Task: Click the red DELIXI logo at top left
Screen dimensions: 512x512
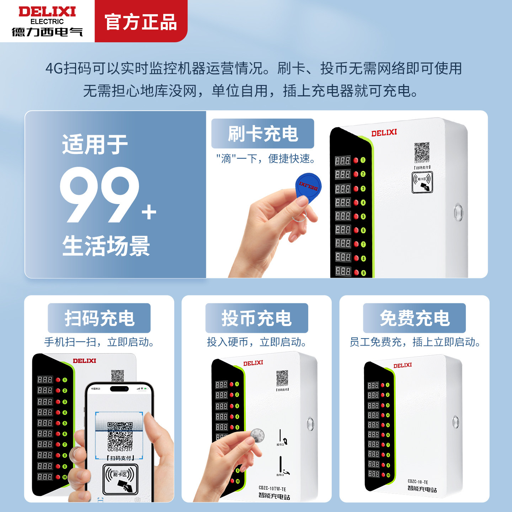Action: click(x=47, y=12)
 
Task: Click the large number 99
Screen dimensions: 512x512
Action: click(x=100, y=195)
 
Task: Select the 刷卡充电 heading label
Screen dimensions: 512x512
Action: click(x=263, y=134)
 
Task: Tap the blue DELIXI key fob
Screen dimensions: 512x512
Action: click(x=308, y=187)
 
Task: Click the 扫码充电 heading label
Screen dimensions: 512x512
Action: click(x=99, y=318)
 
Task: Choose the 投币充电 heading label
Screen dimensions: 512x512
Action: click(x=257, y=318)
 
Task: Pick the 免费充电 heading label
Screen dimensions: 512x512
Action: click(x=414, y=318)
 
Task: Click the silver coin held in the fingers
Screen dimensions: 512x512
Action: click(x=257, y=435)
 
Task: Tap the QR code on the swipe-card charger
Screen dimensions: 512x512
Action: click(x=422, y=152)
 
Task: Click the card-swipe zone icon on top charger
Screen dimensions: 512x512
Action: click(x=422, y=182)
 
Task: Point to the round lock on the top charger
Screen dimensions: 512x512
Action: click(x=458, y=212)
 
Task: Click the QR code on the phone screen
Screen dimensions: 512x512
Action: click(x=120, y=434)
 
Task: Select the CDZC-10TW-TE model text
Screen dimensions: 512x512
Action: click(x=272, y=489)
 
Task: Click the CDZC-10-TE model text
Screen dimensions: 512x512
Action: click(x=418, y=482)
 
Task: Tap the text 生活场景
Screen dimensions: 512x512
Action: click(x=106, y=246)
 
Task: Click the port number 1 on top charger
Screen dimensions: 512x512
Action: click(x=363, y=160)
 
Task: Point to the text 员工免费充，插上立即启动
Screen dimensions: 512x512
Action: click(x=415, y=342)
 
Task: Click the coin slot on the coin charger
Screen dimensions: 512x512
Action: click(x=281, y=436)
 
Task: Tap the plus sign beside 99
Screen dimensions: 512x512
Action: click(x=149, y=213)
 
